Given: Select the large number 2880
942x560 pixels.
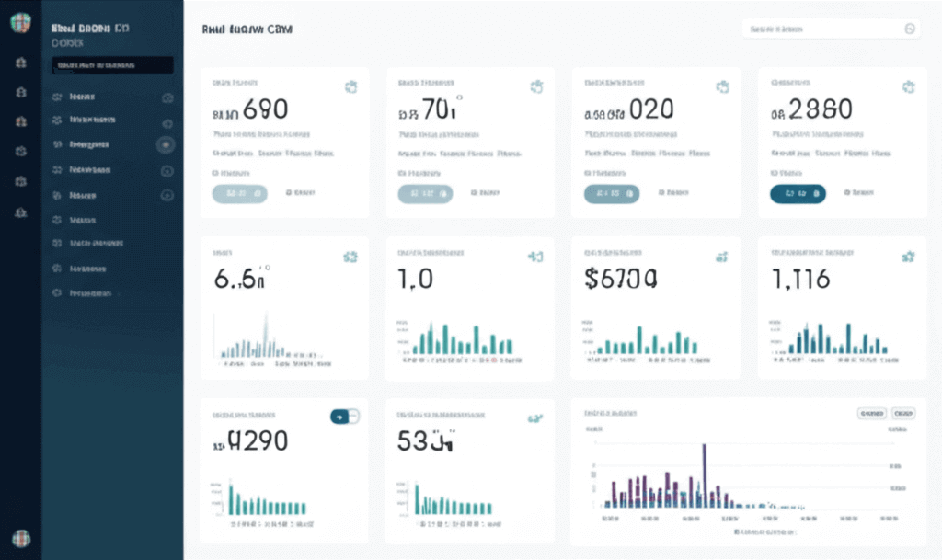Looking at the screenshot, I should [819, 110].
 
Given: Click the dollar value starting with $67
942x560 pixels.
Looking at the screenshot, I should [621, 279].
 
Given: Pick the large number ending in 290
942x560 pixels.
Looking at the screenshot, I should [257, 442].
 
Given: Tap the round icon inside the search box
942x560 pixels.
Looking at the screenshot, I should [910, 29].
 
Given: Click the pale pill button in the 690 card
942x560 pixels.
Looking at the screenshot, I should [239, 193].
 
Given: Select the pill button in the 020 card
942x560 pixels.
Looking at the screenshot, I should [612, 193].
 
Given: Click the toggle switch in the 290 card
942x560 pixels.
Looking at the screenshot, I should [344, 417].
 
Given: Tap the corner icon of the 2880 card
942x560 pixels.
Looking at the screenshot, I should [909, 87].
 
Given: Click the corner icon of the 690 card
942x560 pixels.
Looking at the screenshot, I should [350, 87].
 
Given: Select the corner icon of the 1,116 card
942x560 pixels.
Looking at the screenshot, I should [909, 257].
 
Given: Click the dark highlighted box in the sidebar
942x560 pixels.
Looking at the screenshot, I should [112, 65].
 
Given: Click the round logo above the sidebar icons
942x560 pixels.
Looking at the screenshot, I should [20, 23].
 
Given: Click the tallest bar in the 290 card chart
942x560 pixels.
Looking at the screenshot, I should [231, 497].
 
